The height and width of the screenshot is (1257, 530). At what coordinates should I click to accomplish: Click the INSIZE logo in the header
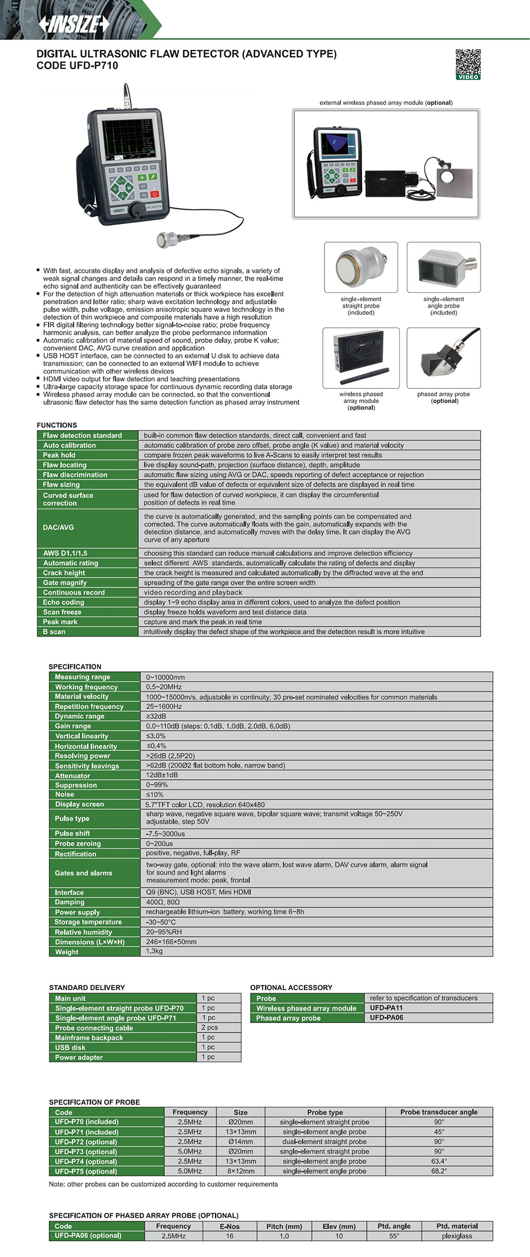(74, 24)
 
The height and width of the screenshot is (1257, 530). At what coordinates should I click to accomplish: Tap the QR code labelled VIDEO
(468, 64)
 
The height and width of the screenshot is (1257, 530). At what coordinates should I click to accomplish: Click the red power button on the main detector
(154, 194)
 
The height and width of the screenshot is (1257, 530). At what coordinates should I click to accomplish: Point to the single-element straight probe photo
(361, 267)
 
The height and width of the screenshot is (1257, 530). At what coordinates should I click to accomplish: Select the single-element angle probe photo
(443, 267)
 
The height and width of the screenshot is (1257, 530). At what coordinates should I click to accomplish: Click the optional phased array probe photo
(443, 358)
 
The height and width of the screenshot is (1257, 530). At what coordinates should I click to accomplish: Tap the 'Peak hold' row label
(59, 455)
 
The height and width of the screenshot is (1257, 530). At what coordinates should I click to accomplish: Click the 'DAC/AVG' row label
(58, 527)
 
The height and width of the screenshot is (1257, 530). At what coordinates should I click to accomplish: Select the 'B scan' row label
(54, 632)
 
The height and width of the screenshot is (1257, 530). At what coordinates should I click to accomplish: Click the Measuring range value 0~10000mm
(165, 677)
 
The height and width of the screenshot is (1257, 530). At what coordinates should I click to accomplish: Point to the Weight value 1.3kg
(154, 951)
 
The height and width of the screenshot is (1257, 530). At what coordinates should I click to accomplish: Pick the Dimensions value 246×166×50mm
(171, 942)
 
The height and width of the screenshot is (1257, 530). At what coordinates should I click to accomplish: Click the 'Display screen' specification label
(79, 804)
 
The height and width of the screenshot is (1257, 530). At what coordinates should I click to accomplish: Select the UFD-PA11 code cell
(386, 1008)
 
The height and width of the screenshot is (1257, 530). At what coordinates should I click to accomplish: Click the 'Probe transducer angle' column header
(439, 1112)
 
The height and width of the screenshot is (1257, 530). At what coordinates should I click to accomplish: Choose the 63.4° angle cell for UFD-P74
(439, 1161)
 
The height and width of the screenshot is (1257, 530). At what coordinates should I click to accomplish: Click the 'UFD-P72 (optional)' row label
(86, 1141)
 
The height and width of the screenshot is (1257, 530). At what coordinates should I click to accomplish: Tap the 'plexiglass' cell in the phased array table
(457, 1236)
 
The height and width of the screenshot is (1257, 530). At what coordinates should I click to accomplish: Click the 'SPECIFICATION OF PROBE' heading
(94, 1101)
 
